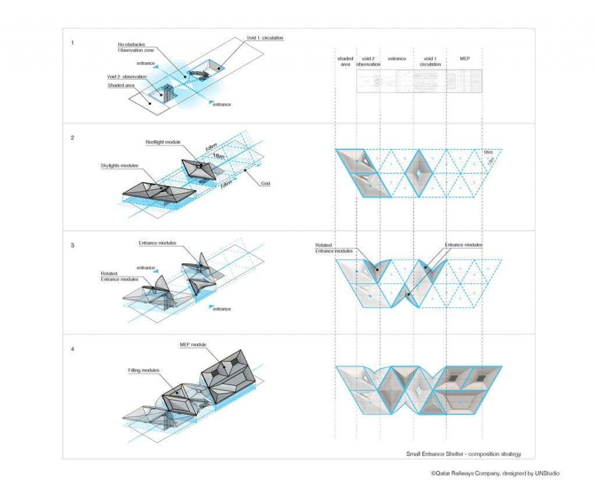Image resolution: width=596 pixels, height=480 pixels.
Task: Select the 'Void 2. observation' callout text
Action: tap(127, 77)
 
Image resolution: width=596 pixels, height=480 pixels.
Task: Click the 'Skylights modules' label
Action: tap(119, 166)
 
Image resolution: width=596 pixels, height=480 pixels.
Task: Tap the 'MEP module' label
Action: tap(193, 345)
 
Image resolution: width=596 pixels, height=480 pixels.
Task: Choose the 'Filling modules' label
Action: tap(144, 370)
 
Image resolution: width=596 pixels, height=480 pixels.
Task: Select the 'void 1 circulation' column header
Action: tap(430, 61)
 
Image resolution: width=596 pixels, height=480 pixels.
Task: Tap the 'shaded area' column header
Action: tap(345, 61)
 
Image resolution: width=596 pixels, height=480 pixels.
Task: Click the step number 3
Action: tap(72, 246)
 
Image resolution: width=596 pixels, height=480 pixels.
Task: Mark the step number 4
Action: tap(72, 349)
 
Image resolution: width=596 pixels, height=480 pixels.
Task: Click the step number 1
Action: tap(72, 42)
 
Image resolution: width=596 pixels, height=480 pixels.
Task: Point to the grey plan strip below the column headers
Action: tap(419, 81)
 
